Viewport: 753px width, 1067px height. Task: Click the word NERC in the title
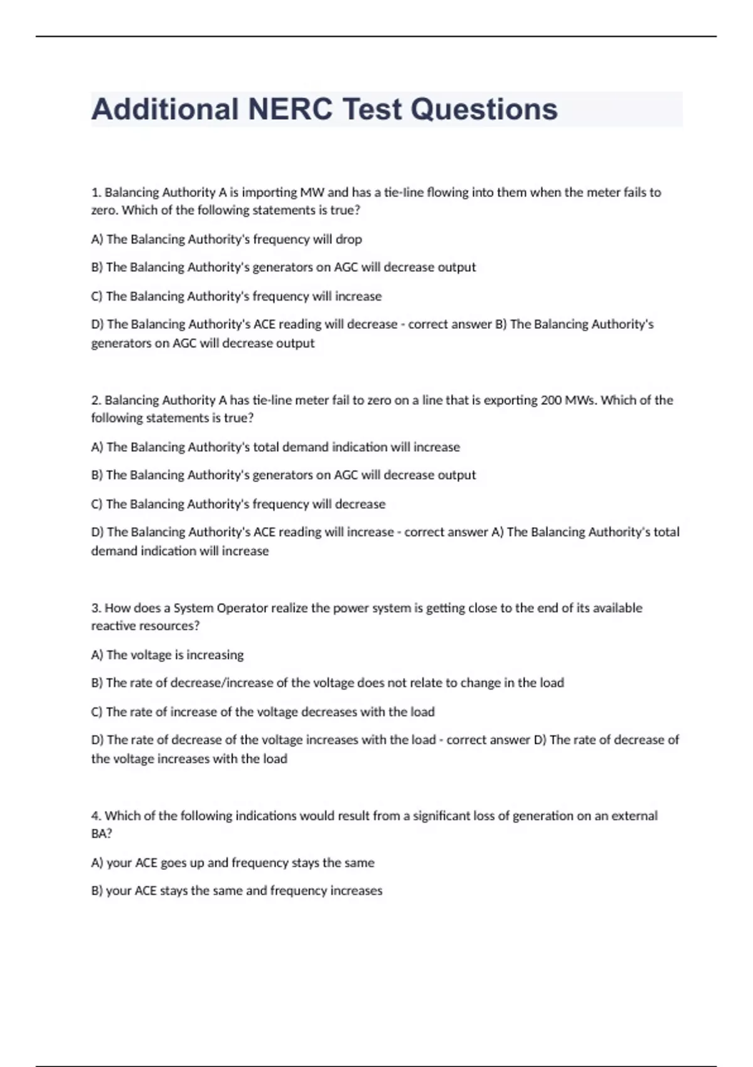290,109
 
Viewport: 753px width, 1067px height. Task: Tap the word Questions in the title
484,109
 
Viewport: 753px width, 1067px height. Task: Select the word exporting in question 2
506,400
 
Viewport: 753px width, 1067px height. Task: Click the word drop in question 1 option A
349,239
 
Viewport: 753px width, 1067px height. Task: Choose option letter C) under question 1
97,296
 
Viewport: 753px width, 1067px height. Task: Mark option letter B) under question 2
97,475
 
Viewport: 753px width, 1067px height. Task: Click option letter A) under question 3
97,655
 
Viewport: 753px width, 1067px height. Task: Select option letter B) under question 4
97,891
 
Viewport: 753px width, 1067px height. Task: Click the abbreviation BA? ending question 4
102,834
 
